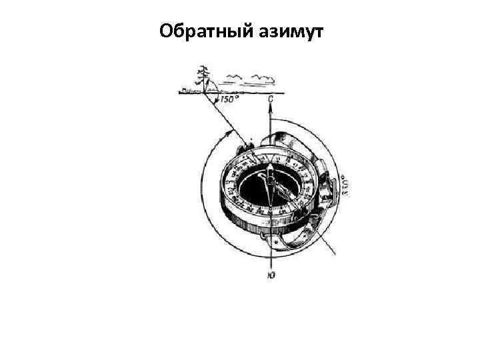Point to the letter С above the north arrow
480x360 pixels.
(x=270, y=101)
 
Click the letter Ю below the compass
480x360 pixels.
(x=269, y=274)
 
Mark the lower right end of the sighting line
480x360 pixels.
(x=333, y=255)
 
